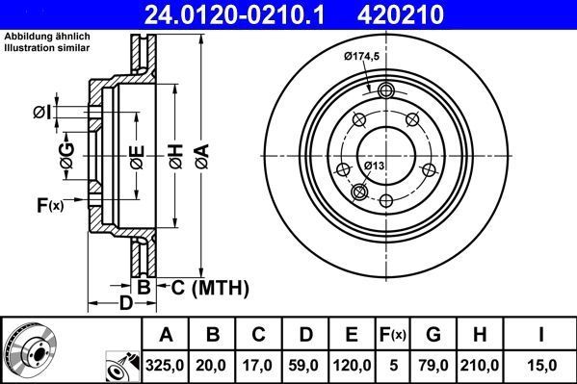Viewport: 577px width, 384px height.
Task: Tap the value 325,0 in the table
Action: tap(166, 364)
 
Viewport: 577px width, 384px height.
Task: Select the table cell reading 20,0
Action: tap(214, 364)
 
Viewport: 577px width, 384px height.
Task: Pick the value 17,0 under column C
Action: tap(259, 364)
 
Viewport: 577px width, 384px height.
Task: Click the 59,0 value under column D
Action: tap(305, 364)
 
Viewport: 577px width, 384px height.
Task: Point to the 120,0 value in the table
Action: tap(352, 364)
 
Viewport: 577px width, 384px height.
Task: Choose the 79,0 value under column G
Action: tap(433, 364)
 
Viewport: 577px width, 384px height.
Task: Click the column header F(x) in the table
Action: tap(393, 334)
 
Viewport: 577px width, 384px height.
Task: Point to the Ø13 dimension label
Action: tap(376, 166)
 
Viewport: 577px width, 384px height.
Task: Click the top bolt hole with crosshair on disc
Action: tap(387, 91)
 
